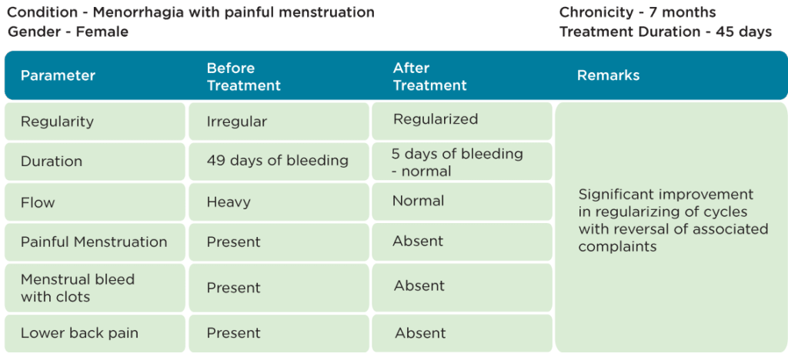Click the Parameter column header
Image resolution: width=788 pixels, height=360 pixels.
coord(58,76)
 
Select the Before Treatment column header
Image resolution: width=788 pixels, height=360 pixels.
coord(244,77)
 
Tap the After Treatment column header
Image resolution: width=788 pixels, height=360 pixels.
coord(429,77)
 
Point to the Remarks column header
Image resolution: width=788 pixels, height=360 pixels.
coord(608,75)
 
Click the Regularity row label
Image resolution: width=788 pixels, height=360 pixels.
coord(57,122)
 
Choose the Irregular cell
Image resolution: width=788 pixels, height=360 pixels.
coord(237,122)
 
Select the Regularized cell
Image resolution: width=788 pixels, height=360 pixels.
coord(436,119)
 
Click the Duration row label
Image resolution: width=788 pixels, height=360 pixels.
coord(52,162)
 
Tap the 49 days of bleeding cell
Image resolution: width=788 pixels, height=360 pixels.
coord(277,161)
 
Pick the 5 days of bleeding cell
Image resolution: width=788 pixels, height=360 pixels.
coord(457,162)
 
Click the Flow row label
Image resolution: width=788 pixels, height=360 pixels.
coord(38,202)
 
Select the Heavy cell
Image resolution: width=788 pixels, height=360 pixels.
coord(229,202)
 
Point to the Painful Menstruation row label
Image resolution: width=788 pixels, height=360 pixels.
coord(94,242)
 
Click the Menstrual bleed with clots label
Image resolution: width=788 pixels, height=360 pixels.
coord(78,288)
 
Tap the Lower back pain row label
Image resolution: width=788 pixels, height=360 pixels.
coord(79,333)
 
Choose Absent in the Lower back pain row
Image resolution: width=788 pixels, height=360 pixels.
coord(420,333)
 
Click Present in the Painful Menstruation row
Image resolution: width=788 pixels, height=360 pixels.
coord(234,242)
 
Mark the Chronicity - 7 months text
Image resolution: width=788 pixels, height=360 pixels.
coord(638,12)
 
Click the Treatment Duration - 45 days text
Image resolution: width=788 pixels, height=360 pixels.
coord(666,32)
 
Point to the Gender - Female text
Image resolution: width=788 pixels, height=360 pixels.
coord(68,32)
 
